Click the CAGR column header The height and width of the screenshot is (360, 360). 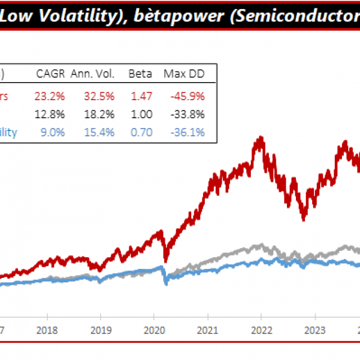pos(50,74)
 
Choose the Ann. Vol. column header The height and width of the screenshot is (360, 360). pos(93,74)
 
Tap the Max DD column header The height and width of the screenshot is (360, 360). pos(184,74)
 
